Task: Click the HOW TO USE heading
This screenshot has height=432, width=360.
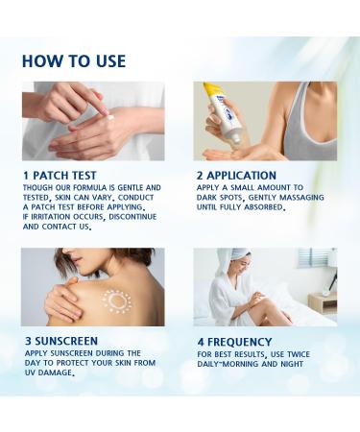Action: pyautogui.click(x=73, y=61)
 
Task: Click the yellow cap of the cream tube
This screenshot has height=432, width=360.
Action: pyautogui.click(x=211, y=91)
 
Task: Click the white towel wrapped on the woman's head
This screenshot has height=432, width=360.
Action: pyautogui.click(x=239, y=256)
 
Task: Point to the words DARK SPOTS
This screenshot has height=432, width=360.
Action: pyautogui.click(x=224, y=197)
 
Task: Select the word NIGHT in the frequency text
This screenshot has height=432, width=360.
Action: pyautogui.click(x=301, y=363)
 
